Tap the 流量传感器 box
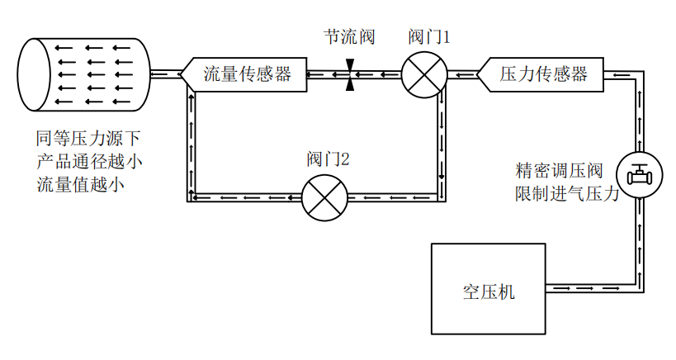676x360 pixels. (x=245, y=74)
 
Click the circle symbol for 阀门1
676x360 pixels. (x=424, y=74)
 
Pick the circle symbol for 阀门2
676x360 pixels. (x=324, y=197)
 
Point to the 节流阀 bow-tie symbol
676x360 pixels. (x=350, y=74)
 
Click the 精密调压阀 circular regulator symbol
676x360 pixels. (x=640, y=176)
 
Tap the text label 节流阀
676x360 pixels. (x=349, y=38)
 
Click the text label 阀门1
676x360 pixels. (x=429, y=38)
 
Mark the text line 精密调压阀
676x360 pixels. (x=559, y=172)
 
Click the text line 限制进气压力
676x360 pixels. (x=566, y=194)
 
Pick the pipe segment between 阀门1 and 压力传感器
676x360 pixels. (x=462, y=74)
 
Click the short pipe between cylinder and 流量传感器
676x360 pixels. (x=165, y=74)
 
